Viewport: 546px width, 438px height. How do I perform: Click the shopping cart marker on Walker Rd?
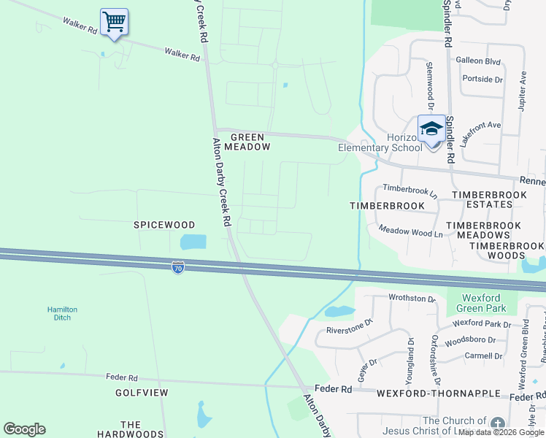point(114,22)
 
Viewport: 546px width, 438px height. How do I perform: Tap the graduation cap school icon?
point(431,129)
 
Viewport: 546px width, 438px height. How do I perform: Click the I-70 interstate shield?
point(178,268)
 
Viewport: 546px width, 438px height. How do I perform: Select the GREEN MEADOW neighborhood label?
point(250,142)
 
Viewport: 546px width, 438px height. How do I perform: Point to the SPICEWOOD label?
point(164,226)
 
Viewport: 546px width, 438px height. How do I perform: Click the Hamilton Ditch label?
point(62,314)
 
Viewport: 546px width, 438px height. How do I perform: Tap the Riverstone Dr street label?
point(350,326)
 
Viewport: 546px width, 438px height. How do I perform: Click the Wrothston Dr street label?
point(412,299)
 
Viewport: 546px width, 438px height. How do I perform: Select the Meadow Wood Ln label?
point(410,231)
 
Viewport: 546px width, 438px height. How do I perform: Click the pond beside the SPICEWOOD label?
point(193,242)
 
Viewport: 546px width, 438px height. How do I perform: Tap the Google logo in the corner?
point(24,429)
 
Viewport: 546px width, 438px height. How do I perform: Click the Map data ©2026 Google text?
point(501,433)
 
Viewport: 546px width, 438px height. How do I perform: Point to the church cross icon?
point(497,424)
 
